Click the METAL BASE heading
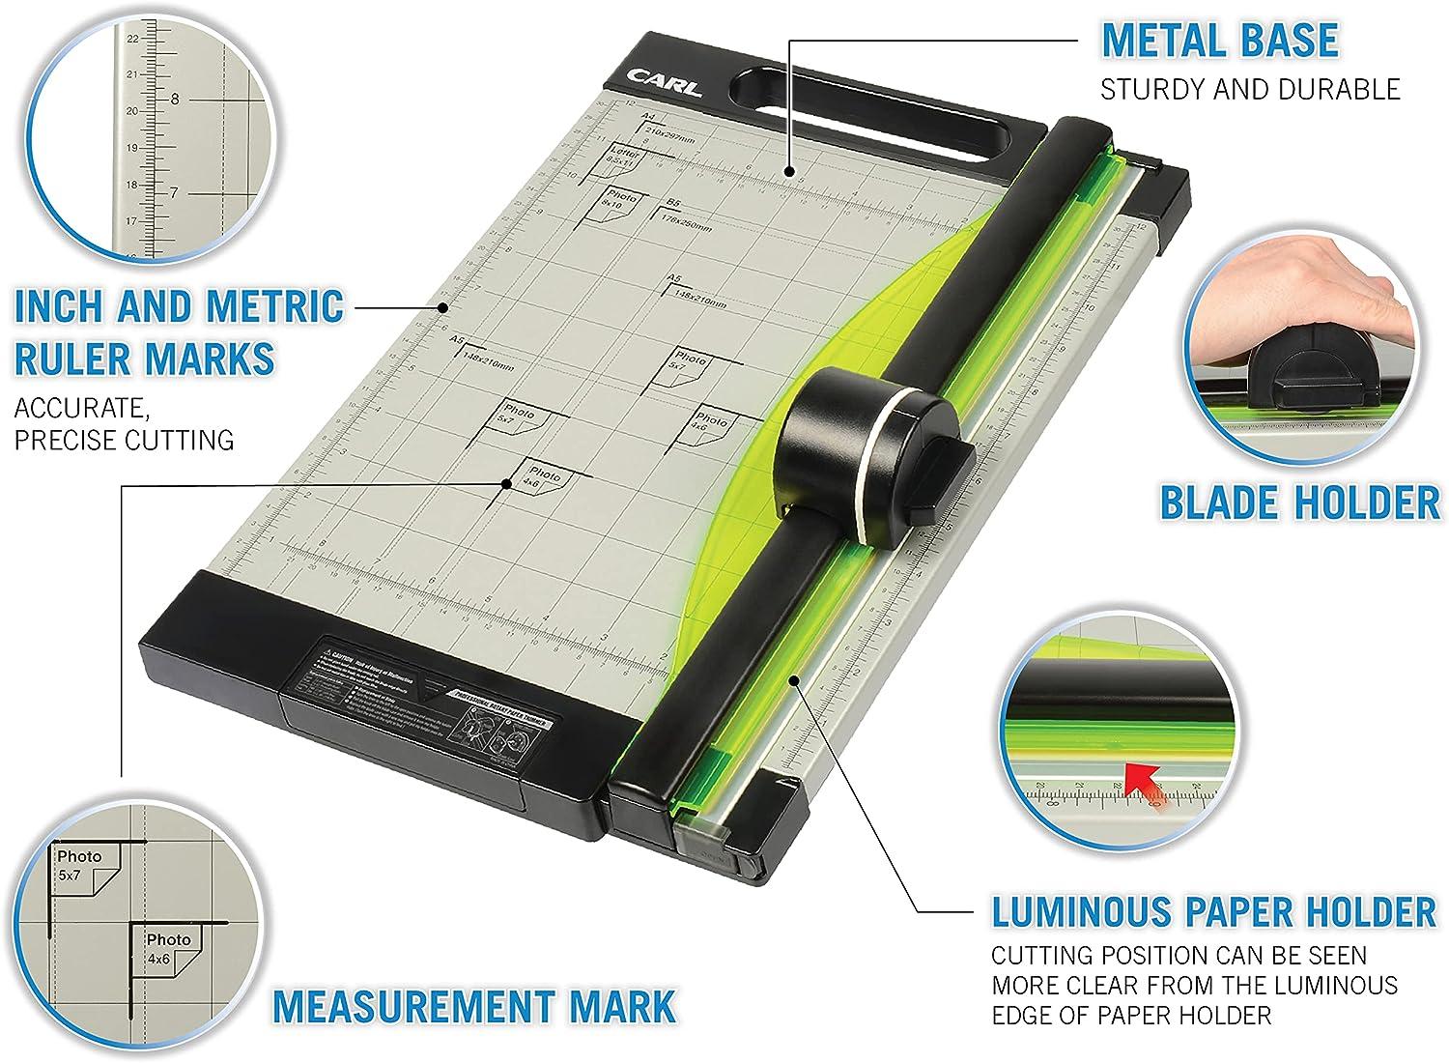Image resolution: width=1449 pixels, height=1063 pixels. [x=1220, y=40]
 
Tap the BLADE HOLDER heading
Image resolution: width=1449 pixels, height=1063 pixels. [x=1299, y=503]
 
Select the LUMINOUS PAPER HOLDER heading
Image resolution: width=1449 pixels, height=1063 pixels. [x=1214, y=911]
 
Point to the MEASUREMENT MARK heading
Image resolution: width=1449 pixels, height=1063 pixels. [x=473, y=1006]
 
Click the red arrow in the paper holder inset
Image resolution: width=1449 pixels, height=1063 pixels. [x=1148, y=779]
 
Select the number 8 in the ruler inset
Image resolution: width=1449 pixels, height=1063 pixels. [x=175, y=99]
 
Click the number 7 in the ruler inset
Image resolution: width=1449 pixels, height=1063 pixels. [x=175, y=193]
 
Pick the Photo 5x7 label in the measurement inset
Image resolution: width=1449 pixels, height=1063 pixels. [x=79, y=866]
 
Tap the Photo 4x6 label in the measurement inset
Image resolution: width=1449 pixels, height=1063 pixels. [x=168, y=949]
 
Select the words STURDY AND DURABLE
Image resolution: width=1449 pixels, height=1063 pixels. [x=1250, y=90]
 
